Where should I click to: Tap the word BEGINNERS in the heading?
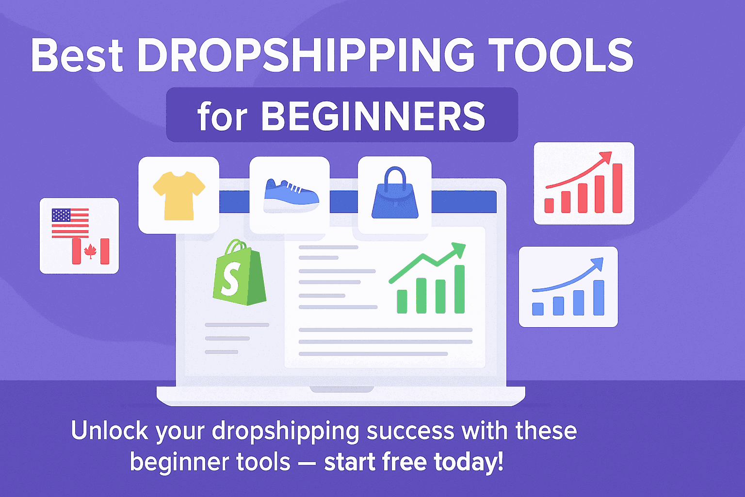(x=373, y=116)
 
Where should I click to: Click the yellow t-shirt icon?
(x=179, y=195)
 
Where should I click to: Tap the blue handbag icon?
(x=395, y=199)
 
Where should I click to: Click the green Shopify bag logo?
(x=239, y=274)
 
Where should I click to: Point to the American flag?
(x=70, y=222)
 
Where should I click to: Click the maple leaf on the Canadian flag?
(x=90, y=251)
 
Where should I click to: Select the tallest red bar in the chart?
(x=617, y=188)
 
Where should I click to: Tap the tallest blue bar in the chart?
(x=599, y=298)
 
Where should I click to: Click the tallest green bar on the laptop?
(x=459, y=289)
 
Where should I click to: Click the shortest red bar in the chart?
(x=549, y=205)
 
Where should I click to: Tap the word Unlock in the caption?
(x=110, y=431)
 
